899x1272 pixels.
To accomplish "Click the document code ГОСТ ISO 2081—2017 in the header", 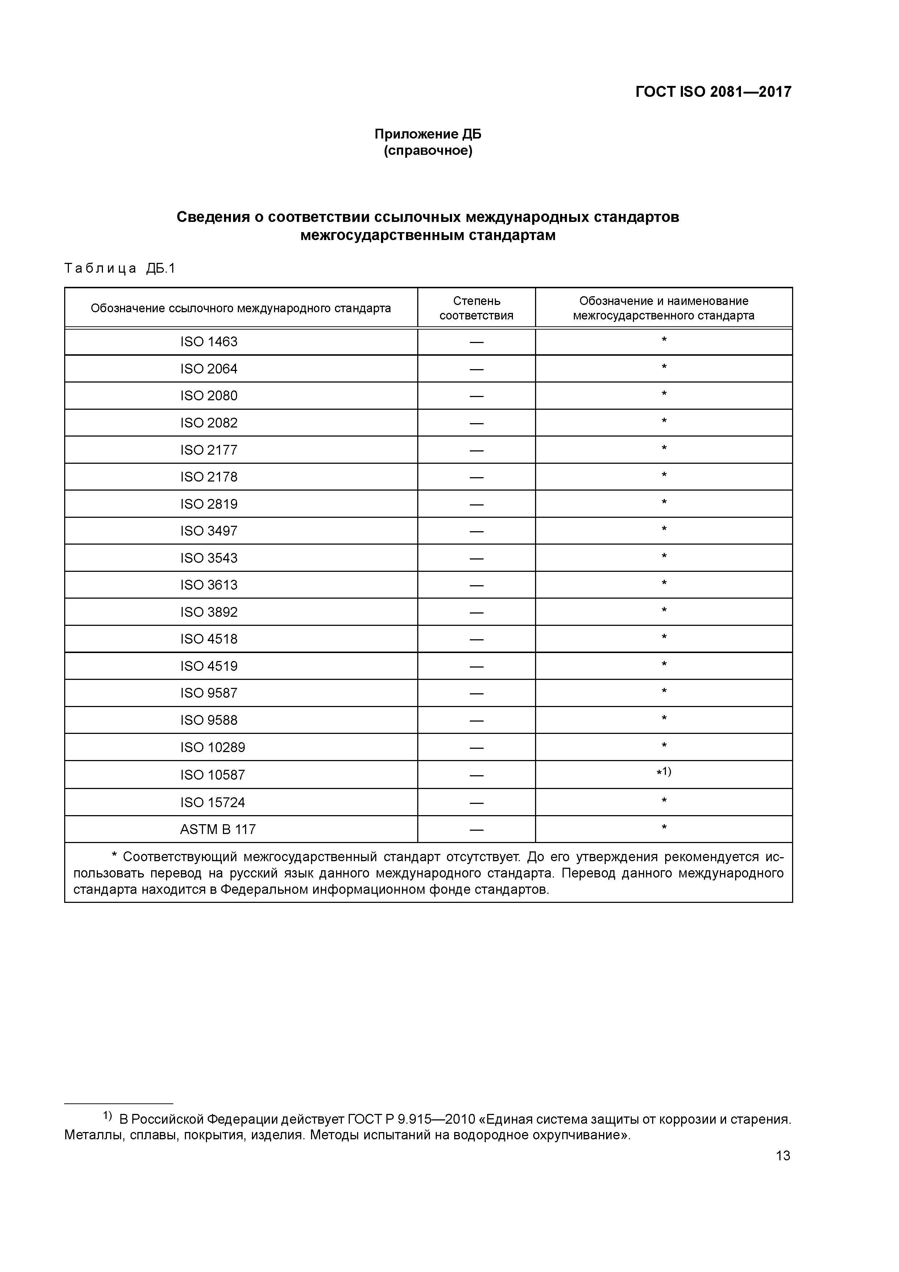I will click(713, 92).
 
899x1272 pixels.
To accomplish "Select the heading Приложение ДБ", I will click(428, 134).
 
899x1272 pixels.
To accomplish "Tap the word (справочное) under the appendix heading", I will click(428, 151).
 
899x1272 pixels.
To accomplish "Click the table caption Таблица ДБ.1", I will click(120, 269).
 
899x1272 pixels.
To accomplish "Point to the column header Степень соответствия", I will click(476, 308).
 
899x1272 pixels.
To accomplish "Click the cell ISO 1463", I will click(208, 342).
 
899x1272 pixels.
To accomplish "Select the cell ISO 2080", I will click(208, 396).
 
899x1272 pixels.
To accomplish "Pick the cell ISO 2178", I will click(208, 477).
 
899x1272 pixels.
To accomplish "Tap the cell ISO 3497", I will click(208, 531).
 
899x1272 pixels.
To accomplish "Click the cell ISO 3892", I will click(208, 612).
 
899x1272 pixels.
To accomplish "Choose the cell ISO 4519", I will click(208, 666).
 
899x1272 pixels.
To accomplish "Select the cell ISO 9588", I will click(208, 720).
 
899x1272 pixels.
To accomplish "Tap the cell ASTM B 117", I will click(218, 829).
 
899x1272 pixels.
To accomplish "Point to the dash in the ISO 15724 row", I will click(476, 803).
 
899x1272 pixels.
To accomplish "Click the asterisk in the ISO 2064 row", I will click(664, 367).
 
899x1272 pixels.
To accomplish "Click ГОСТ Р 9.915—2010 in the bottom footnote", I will click(411, 1119).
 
